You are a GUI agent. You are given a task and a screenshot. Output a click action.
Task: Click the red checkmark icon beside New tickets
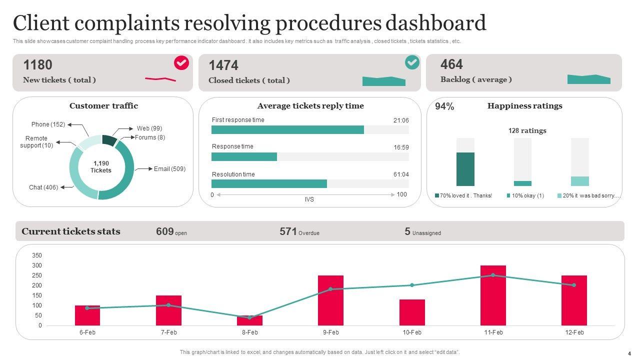pos(181,63)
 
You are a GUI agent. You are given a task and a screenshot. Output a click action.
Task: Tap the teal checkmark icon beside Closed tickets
pos(412,62)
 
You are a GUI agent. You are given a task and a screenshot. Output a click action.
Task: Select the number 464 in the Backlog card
pos(451,64)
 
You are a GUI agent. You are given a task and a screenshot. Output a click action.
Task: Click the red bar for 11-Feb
pos(493,295)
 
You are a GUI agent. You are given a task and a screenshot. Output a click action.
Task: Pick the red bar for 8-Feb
pos(249,320)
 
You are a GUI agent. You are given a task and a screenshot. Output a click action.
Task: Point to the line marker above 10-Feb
pos(412,285)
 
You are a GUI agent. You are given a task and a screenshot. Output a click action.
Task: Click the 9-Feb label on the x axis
pos(330,332)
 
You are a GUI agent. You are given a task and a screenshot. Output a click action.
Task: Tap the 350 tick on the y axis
pos(37,255)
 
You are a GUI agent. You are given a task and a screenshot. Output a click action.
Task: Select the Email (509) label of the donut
pos(169,169)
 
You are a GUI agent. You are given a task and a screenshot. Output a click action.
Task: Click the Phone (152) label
pos(48,124)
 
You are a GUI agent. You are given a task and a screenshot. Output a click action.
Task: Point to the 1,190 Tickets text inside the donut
pos(101,167)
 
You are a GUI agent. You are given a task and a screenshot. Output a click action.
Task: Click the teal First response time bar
pos(287,130)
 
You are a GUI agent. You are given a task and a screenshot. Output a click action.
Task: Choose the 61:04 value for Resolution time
pos(401,174)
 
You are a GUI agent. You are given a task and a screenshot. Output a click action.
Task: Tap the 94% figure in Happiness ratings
pos(444,106)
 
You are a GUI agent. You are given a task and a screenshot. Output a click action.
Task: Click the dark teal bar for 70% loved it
pos(465,169)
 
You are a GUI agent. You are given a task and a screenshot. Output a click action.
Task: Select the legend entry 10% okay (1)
pos(527,196)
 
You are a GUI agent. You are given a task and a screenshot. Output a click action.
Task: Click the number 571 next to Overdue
pos(288,231)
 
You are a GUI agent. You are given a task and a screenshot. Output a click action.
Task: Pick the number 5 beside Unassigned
pos(407,231)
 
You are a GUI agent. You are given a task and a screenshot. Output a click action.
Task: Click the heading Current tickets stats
pos(71,231)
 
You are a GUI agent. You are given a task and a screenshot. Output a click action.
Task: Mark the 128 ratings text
pos(527,131)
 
